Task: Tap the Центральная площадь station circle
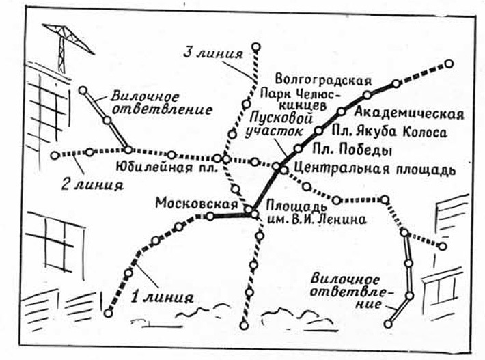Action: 276,167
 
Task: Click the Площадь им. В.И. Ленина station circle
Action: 254,214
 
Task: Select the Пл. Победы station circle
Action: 298,148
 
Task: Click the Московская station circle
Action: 211,217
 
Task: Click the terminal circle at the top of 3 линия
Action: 256,47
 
